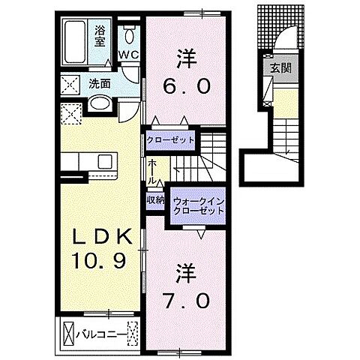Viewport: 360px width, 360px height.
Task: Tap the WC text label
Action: tap(128, 55)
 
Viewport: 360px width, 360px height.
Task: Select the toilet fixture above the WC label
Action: tap(129, 34)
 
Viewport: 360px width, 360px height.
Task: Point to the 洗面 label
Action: tap(100, 82)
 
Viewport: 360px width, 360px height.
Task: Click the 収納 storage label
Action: tap(155, 199)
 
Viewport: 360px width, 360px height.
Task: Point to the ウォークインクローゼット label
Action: tap(199, 206)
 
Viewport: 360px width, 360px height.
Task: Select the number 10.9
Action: tap(103, 262)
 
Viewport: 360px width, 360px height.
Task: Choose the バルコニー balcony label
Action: tap(100, 331)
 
